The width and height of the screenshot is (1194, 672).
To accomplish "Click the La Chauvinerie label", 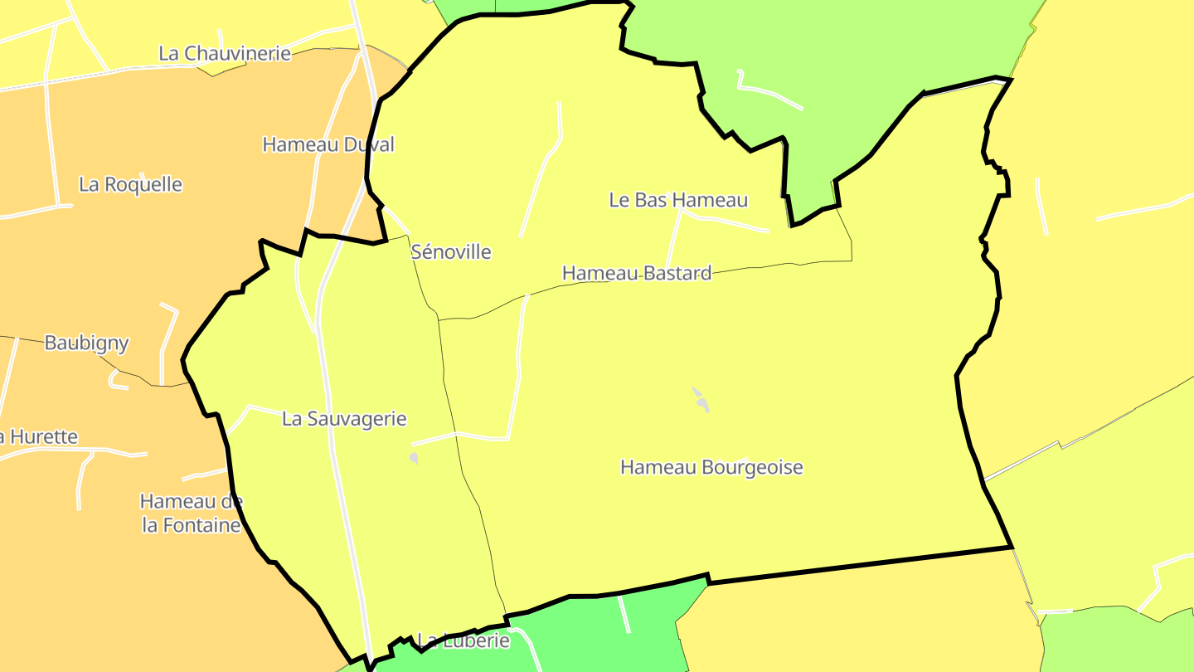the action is [x=225, y=53].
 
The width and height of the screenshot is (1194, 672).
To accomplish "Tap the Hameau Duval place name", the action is [x=328, y=144].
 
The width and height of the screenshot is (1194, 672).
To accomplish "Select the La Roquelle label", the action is [x=130, y=184].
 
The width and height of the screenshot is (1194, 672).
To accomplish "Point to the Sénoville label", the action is [x=451, y=252].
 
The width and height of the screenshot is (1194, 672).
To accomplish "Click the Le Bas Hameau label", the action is [x=678, y=200].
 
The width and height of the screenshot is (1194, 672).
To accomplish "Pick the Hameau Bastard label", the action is [x=637, y=273].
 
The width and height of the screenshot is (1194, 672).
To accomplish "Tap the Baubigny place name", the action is [x=86, y=343].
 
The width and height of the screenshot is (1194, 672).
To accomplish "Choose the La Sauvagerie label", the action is [x=344, y=419].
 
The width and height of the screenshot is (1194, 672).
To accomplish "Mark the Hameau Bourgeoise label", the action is [x=711, y=467].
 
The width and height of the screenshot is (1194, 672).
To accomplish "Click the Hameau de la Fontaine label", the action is [x=192, y=513].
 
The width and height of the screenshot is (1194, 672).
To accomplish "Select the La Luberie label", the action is [x=464, y=640].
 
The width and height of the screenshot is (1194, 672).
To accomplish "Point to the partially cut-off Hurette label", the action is [x=39, y=436].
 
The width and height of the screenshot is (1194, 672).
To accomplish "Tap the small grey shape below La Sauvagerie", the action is [x=413, y=457].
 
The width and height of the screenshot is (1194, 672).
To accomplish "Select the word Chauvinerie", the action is [x=237, y=53].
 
